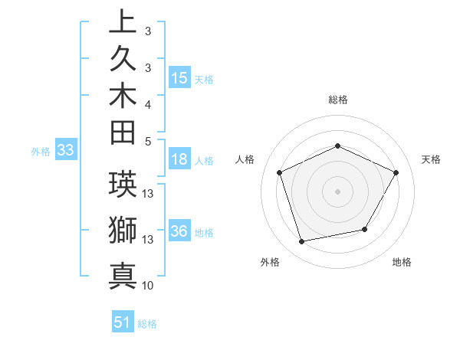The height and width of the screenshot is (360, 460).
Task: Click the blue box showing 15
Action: pyautogui.click(x=179, y=78)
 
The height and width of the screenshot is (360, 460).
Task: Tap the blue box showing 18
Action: pyautogui.click(x=179, y=159)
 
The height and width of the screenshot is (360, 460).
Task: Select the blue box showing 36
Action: pyautogui.click(x=179, y=232)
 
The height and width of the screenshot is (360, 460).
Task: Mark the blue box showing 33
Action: pyautogui.click(x=66, y=151)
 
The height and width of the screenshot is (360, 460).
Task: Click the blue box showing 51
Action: pyautogui.click(x=123, y=322)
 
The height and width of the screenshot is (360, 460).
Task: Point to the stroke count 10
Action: pyautogui.click(x=148, y=286)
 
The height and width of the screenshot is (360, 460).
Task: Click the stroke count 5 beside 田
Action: pyautogui.click(x=148, y=140)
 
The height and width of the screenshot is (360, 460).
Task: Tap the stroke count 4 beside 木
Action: pyautogui.click(x=148, y=103)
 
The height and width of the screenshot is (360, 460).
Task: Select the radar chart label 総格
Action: pyautogui.click(x=338, y=100)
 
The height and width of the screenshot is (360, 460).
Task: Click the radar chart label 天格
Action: pyautogui.click(x=432, y=159)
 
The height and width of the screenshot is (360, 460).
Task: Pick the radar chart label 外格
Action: pyautogui.click(x=270, y=262)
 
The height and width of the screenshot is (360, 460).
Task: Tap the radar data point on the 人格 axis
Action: pyautogui.click(x=279, y=172)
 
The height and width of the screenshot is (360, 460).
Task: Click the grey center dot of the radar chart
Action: pyautogui.click(x=338, y=191)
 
